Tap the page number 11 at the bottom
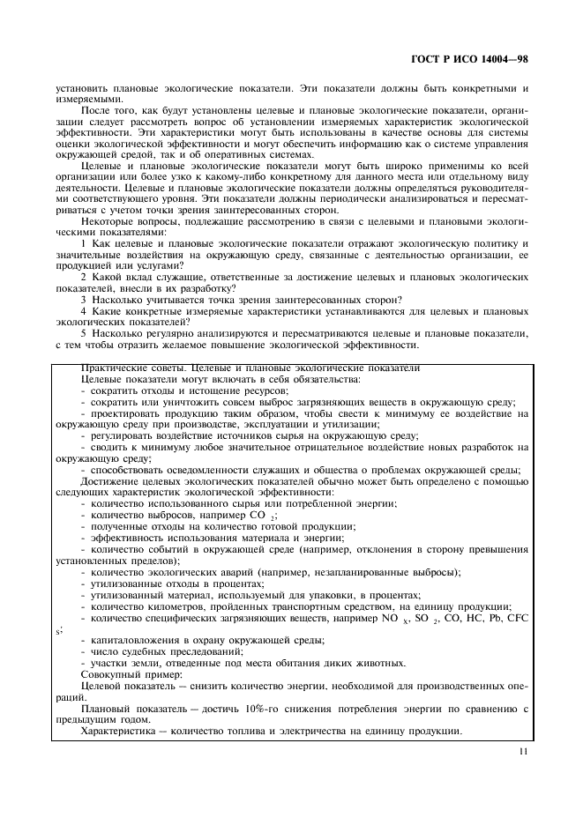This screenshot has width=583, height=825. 522,753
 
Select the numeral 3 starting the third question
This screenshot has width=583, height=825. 84,300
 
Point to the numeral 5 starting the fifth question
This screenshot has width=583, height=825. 84,335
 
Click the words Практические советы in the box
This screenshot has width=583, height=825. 123,368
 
